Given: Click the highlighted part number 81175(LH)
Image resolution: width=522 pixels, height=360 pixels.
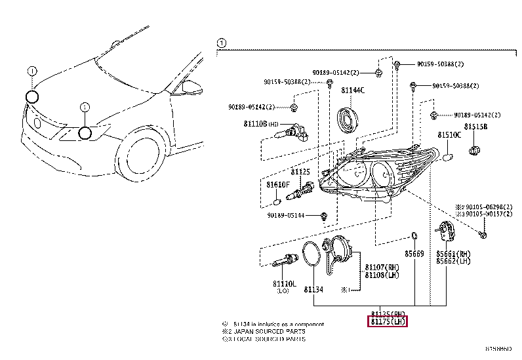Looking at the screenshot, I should point(387,321).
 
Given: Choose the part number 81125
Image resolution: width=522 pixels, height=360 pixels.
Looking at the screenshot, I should point(300,171).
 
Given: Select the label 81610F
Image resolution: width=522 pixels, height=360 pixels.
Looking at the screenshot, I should point(277,185).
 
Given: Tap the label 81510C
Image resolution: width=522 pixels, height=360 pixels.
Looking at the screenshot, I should point(449,135).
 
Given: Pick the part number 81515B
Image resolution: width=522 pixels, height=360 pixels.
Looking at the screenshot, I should point(476,126).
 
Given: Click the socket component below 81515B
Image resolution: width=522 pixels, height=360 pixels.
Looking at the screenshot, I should point(476,152).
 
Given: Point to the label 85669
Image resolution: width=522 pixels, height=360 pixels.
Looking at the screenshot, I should point(414,254).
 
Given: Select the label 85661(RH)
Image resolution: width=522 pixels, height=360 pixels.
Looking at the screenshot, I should point(454,252).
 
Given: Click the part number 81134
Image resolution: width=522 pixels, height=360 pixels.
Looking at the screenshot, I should point(313,289).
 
